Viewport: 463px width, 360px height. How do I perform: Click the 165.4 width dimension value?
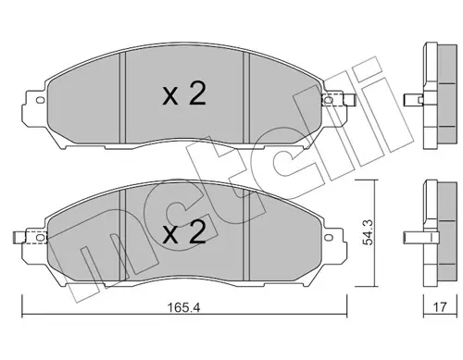coord(183,307)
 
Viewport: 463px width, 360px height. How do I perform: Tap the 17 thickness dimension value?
coord(440,307)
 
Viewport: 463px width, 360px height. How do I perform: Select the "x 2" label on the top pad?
coord(184,94)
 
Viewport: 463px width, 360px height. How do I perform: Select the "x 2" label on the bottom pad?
coord(184,232)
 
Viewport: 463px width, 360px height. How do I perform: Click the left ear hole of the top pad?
coord(40,100)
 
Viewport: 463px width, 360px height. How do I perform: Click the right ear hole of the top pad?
coord(329,100)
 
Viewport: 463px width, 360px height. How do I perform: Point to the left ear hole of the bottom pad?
coord(40,238)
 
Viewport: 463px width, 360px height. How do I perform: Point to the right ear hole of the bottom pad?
coord(329,238)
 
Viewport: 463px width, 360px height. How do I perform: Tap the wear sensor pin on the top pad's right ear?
coord(349,100)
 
